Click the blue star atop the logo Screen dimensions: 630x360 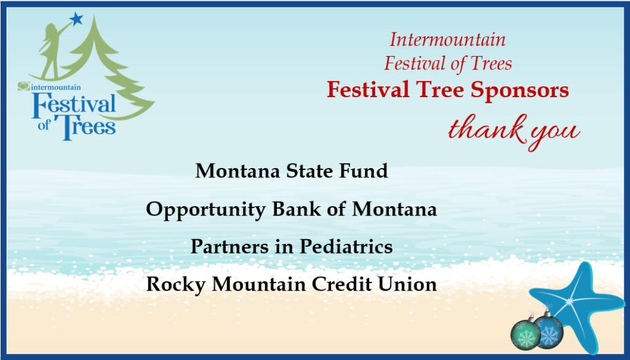pyautogui.click(x=76, y=18)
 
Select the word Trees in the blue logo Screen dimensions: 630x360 pyautogui.click(x=85, y=127)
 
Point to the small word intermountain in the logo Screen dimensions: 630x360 pyautogui.click(x=55, y=87)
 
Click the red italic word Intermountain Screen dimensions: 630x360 pyautogui.click(x=448, y=39)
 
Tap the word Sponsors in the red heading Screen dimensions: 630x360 pyautogui.click(x=519, y=90)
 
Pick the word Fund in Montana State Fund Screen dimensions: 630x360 pyautogui.click(x=364, y=170)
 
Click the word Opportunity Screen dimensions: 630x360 pyautogui.click(x=205, y=210)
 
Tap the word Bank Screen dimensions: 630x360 pyautogui.click(x=297, y=209)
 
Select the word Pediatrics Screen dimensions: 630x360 pyautogui.click(x=346, y=246)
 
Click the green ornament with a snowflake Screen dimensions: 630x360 pyautogui.click(x=525, y=334)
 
